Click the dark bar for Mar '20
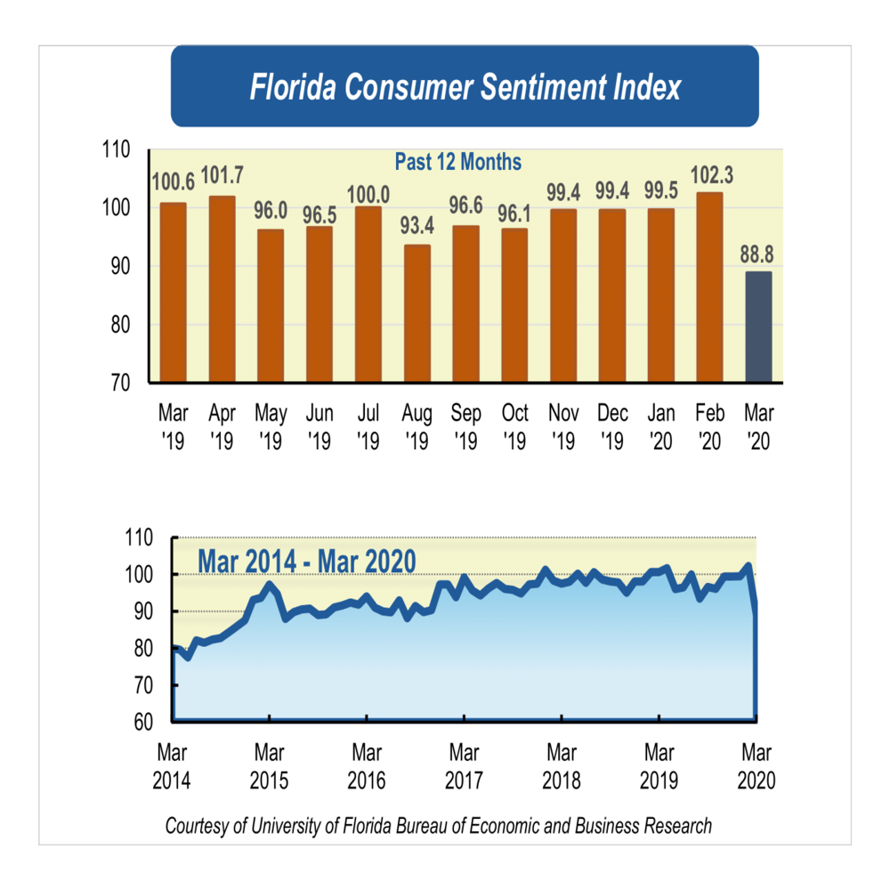pyautogui.click(x=758, y=327)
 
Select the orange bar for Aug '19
pyautogui.click(x=417, y=313)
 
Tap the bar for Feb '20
pyautogui.click(x=709, y=287)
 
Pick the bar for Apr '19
pyautogui.click(x=222, y=288)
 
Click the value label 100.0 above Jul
pyautogui.click(x=368, y=194)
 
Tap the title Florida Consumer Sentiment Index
pyautogui.click(x=465, y=87)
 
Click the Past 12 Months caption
pyautogui.click(x=457, y=163)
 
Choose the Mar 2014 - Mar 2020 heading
pyautogui.click(x=307, y=562)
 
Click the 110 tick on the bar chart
pyautogui.click(x=118, y=151)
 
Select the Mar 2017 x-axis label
pyautogui.click(x=464, y=766)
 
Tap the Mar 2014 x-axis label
pyautogui.click(x=171, y=766)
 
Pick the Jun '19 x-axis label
pyautogui.click(x=319, y=426)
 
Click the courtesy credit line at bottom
pyautogui.click(x=438, y=826)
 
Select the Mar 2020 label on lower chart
pyautogui.click(x=756, y=766)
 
